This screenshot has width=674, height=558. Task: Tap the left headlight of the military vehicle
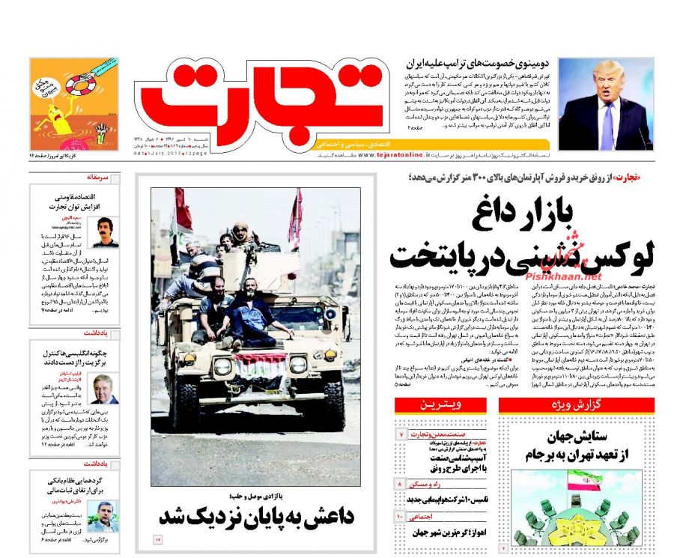point(222,366)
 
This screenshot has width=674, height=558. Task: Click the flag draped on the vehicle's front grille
point(261,365)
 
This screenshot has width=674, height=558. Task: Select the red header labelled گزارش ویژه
point(576,405)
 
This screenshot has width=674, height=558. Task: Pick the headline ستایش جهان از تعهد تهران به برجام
point(576,445)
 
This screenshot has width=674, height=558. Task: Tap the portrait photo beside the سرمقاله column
point(106,231)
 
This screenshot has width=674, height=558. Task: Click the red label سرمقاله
point(98,178)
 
